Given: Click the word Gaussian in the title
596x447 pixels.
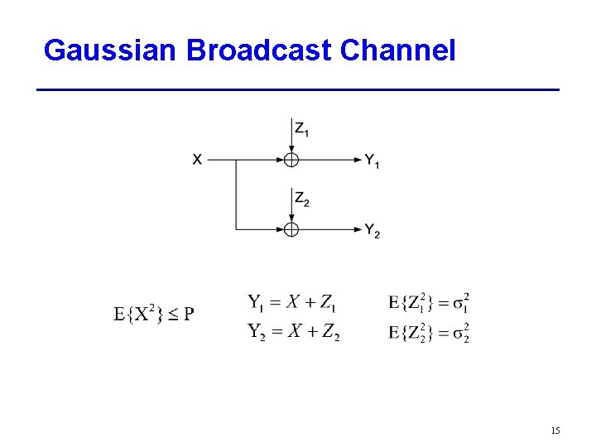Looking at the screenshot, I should click(x=111, y=50).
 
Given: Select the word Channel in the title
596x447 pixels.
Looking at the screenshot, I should click(x=397, y=50).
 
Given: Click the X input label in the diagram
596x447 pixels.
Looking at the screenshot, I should click(x=197, y=160).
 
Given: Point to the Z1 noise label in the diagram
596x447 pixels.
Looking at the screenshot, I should click(x=302, y=129).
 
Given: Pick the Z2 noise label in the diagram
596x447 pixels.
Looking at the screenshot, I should click(x=302, y=199).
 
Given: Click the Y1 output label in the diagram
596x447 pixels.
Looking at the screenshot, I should click(x=372, y=161).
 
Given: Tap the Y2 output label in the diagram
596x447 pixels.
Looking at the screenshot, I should click(x=372, y=230).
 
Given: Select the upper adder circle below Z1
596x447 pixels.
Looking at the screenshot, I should click(x=291, y=160).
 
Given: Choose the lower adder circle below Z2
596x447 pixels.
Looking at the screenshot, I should click(x=291, y=229).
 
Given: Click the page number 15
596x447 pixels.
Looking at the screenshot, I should click(x=555, y=430).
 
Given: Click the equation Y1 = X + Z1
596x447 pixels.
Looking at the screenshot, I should click(x=292, y=302).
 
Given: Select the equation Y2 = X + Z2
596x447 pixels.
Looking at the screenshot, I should click(x=293, y=332).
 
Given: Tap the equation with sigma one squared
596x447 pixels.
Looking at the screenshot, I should click(x=429, y=302).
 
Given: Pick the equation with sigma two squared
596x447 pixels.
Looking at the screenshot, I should click(x=429, y=333).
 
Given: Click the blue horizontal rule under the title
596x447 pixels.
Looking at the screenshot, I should click(x=298, y=89).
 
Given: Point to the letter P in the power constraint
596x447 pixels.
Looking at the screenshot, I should click(x=189, y=315).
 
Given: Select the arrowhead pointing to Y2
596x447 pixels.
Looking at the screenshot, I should click(x=355, y=229).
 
